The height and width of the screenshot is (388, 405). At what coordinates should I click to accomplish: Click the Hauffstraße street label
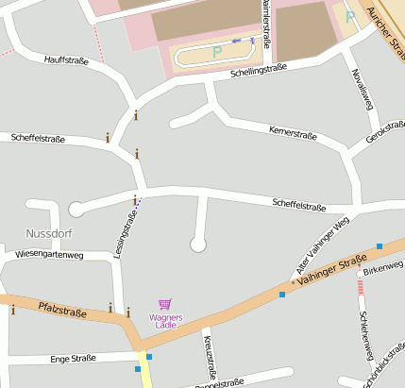click(66, 59)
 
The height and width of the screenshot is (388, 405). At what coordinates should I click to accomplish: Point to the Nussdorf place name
click(50, 232)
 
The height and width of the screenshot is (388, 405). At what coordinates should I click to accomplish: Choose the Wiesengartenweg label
click(58, 255)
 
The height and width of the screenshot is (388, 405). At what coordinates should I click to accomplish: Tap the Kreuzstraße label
click(211, 358)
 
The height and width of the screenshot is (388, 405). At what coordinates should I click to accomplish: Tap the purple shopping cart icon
click(165, 304)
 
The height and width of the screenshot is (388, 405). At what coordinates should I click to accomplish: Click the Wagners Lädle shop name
click(166, 321)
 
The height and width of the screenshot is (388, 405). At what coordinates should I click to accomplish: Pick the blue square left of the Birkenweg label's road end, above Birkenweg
click(379, 246)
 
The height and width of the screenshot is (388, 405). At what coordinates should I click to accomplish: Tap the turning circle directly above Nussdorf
click(76, 209)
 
